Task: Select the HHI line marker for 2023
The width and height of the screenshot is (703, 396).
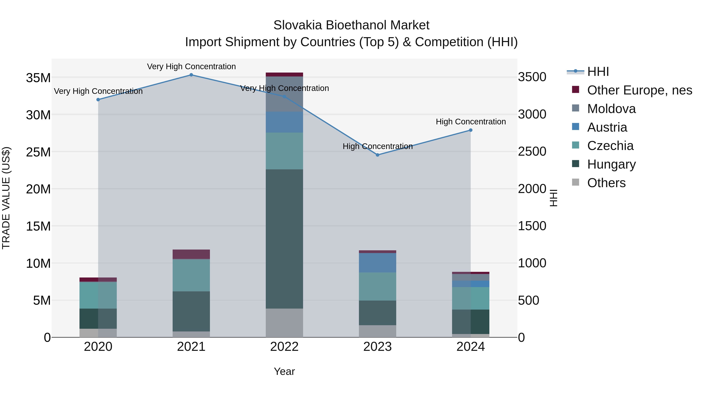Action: [377, 155]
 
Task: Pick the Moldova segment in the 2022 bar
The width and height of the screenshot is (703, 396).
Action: [284, 94]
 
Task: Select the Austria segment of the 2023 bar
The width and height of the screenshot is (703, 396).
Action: [377, 263]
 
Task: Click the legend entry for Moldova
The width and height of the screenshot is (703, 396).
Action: [611, 109]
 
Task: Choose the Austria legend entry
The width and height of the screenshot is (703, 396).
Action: [607, 127]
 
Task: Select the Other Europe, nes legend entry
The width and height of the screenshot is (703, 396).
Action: [639, 90]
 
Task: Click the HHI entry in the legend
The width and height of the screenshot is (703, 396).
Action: [598, 72]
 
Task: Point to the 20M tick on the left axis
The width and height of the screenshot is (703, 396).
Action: [38, 189]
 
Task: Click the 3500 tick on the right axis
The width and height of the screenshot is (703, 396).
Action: [532, 77]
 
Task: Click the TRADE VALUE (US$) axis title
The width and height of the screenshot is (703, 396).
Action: [6, 198]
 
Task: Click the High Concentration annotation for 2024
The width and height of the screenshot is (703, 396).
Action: [470, 122]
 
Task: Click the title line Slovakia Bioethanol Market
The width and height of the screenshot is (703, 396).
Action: [351, 25]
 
